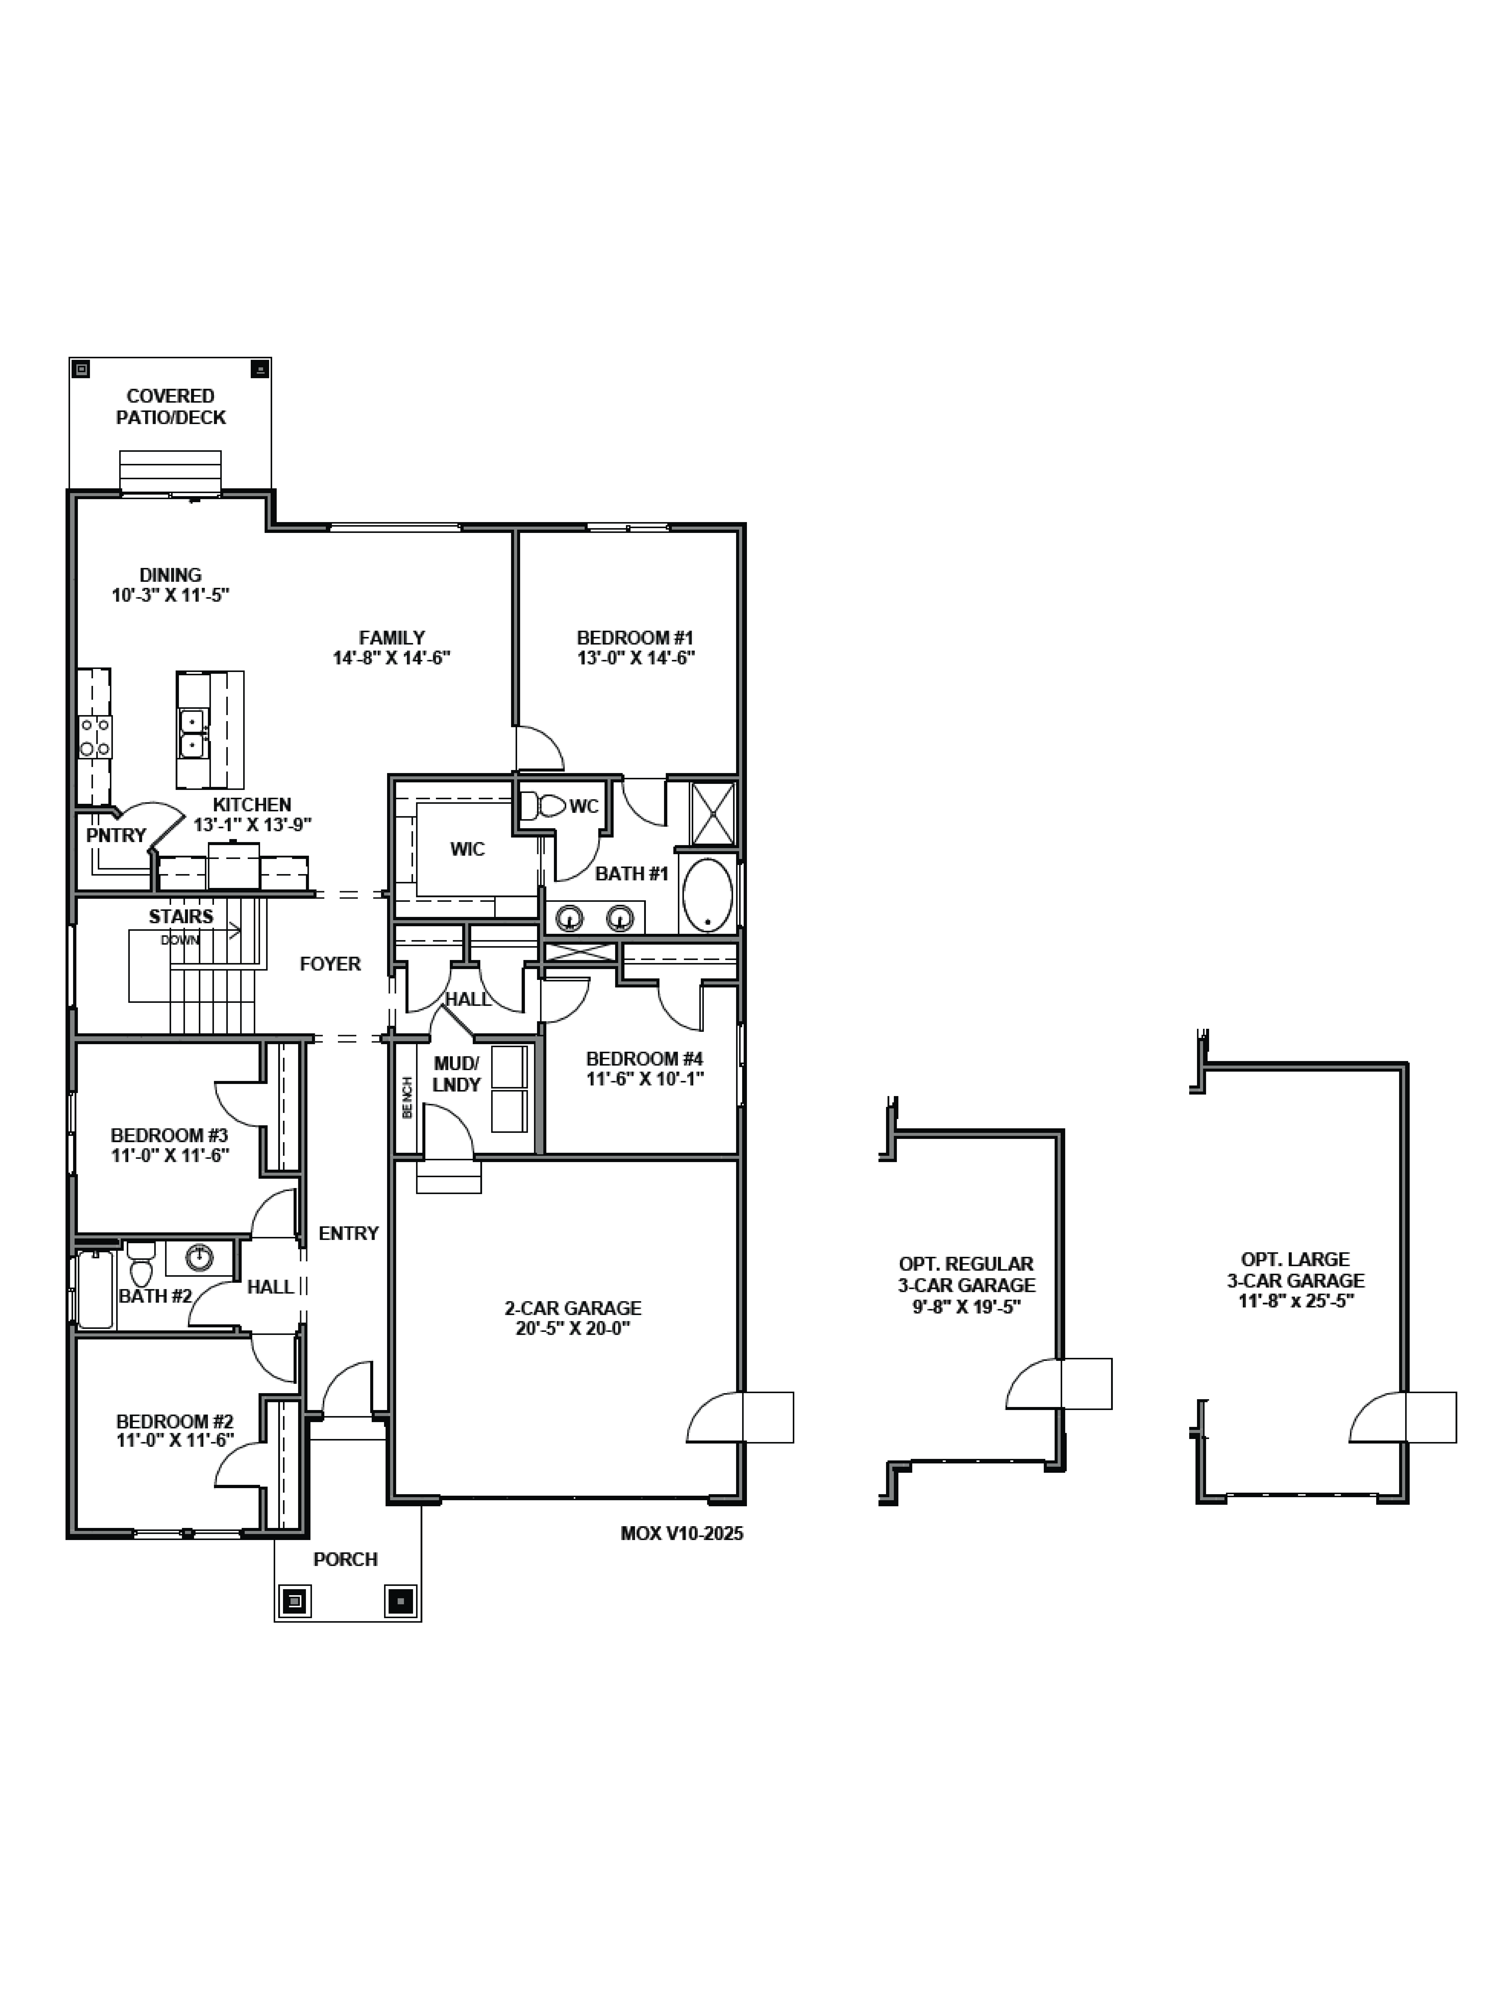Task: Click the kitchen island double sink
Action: point(192,734)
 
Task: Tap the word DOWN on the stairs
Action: point(180,940)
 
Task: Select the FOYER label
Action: point(330,963)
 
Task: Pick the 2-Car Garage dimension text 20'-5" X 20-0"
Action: point(573,1328)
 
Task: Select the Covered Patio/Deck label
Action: point(170,406)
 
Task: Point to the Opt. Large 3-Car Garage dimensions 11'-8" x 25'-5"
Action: point(1295,1301)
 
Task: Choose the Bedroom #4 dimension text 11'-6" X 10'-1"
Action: point(645,1079)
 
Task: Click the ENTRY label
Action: point(348,1233)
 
